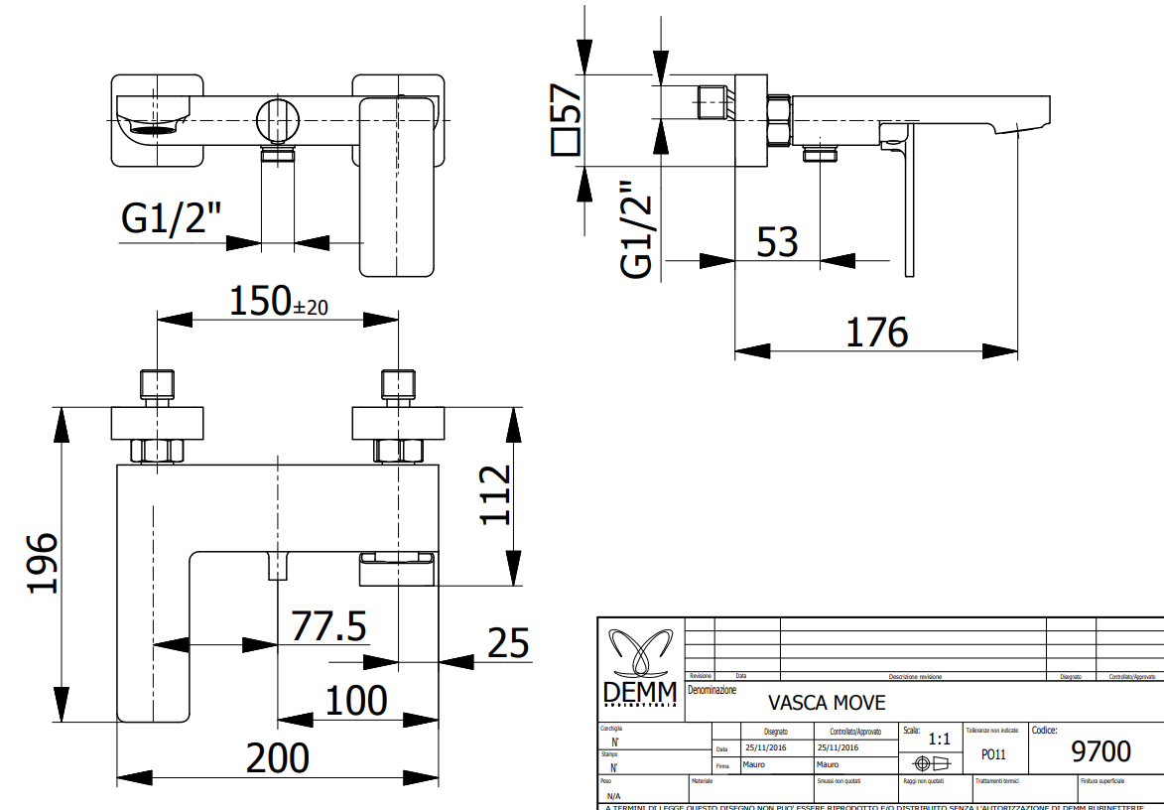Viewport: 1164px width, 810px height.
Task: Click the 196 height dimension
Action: pyautogui.click(x=43, y=563)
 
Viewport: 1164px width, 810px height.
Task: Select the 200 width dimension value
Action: pyautogui.click(x=278, y=758)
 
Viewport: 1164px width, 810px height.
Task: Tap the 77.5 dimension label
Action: pyautogui.click(x=328, y=627)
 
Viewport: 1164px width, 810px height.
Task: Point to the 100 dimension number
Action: pyautogui.click(x=356, y=701)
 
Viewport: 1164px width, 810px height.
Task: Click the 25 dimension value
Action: pyautogui.click(x=507, y=643)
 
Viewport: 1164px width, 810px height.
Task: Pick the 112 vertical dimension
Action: pyautogui.click(x=493, y=495)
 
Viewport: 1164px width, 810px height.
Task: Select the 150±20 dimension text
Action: pyautogui.click(x=278, y=302)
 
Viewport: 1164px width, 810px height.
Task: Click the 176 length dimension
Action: pyautogui.click(x=876, y=333)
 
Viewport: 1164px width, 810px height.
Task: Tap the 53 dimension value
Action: pyautogui.click(x=777, y=241)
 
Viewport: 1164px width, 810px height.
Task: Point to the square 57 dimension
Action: pyautogui.click(x=567, y=118)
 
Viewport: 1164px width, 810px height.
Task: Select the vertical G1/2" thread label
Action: pyautogui.click(x=638, y=230)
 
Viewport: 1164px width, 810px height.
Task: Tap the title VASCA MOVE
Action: pyautogui.click(x=827, y=703)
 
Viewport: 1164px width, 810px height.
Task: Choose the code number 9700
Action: pyautogui.click(x=1101, y=750)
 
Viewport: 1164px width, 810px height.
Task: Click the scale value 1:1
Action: pyautogui.click(x=938, y=739)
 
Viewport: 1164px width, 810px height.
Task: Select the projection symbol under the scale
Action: pyautogui.click(x=932, y=763)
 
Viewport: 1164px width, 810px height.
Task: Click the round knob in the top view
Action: pyautogui.click(x=277, y=121)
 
